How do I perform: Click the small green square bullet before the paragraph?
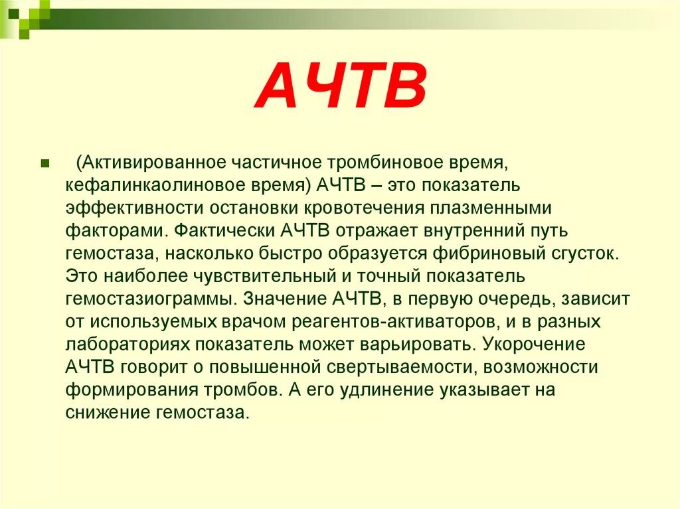[x=46, y=163]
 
